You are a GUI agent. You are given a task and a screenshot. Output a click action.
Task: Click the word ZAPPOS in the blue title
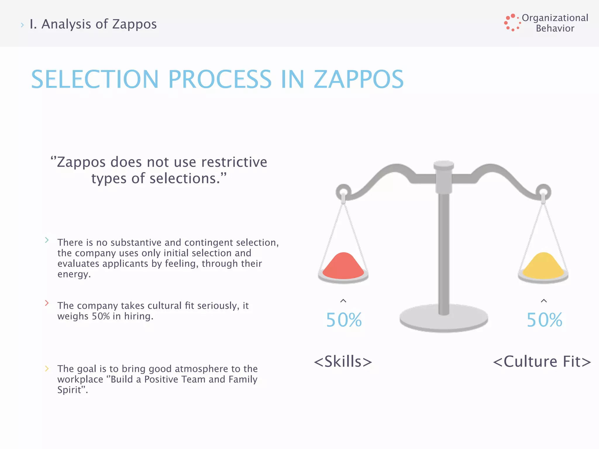click(x=359, y=79)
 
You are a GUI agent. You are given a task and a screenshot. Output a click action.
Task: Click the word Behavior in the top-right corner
click(x=555, y=29)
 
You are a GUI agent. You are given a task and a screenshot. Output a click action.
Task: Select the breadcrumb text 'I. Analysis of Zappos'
click(x=93, y=24)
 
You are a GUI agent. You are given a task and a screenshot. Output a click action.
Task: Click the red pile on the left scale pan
click(x=343, y=266)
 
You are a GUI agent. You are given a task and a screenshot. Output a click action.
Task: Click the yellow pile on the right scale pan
click(x=543, y=266)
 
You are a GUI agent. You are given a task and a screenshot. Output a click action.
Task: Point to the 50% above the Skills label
click(x=344, y=320)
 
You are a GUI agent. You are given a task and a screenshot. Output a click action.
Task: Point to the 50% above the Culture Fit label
click(x=544, y=320)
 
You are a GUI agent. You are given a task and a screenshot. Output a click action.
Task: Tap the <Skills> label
click(x=343, y=362)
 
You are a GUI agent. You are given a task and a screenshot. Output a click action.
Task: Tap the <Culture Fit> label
click(x=542, y=362)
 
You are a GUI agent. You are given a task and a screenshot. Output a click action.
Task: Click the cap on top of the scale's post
click(x=444, y=165)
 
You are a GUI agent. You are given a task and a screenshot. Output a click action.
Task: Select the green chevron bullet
click(x=47, y=240)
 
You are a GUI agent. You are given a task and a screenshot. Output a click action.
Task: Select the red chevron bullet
click(x=47, y=303)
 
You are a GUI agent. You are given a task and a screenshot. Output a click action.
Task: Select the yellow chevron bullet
click(x=47, y=369)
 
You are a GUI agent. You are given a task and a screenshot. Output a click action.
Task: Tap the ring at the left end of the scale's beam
click(x=343, y=192)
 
